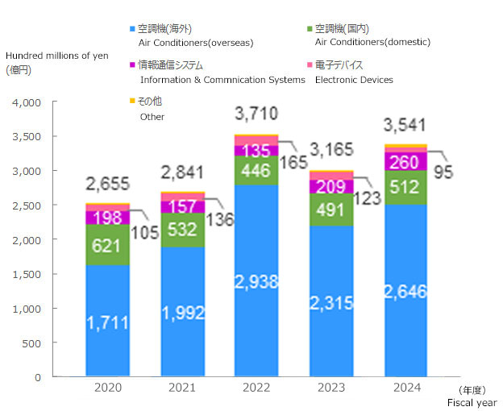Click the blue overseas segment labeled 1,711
107,321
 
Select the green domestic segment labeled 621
107,244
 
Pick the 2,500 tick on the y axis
27,205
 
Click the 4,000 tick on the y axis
27,103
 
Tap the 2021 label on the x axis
182,388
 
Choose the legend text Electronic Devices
354,80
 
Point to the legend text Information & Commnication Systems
222,80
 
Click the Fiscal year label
472,401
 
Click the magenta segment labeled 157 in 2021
182,207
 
